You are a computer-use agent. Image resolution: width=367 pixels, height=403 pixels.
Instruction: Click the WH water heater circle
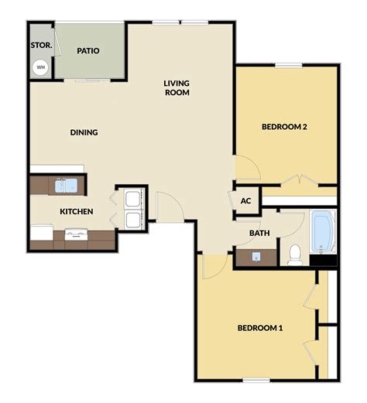pos(41,67)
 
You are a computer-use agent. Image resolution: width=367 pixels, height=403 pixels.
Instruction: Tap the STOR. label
pos(41,46)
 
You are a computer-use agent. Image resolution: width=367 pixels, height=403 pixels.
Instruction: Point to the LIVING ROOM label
pos(177,87)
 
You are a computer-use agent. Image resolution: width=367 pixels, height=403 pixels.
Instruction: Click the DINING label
pos(84,132)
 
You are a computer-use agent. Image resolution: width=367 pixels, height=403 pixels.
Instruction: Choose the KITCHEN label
pos(77,211)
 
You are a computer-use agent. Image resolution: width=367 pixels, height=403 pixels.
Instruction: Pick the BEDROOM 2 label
pos(285,127)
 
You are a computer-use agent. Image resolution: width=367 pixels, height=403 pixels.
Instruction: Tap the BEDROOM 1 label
pos(259,328)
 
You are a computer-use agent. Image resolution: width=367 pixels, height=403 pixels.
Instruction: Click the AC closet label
pos(246,200)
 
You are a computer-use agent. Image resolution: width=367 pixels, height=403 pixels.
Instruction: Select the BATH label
pos(259,233)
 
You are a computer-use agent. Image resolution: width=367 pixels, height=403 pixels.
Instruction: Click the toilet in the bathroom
pos(294,252)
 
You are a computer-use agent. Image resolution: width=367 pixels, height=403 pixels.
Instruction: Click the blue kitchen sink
pos(66,185)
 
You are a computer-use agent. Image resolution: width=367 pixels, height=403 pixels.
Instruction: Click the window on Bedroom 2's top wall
pos(288,64)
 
